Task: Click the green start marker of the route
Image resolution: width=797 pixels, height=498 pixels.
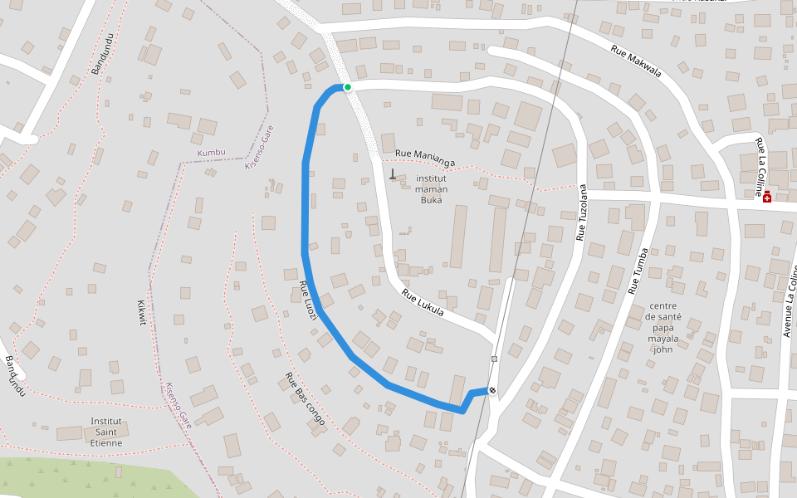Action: pos(348,87)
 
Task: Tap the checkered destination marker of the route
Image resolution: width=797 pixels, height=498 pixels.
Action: pos(492,391)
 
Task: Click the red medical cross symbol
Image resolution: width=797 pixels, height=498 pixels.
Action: pos(767,198)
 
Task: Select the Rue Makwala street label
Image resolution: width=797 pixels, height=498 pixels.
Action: pos(636,61)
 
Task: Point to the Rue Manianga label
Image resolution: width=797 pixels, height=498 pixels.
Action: pos(426,153)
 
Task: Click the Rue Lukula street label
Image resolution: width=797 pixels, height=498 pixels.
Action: pos(423,303)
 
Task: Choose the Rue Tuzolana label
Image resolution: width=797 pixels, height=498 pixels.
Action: pos(582,212)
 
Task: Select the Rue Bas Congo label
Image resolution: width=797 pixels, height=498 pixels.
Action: pos(305,403)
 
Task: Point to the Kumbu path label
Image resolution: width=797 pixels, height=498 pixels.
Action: pos(212,153)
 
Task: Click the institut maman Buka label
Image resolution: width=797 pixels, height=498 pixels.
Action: pos(432,188)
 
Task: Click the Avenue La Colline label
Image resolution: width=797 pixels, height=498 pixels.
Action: pos(789,303)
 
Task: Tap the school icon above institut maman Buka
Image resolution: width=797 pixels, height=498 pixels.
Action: pos(393,173)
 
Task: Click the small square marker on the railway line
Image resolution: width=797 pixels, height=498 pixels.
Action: pos(494,359)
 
